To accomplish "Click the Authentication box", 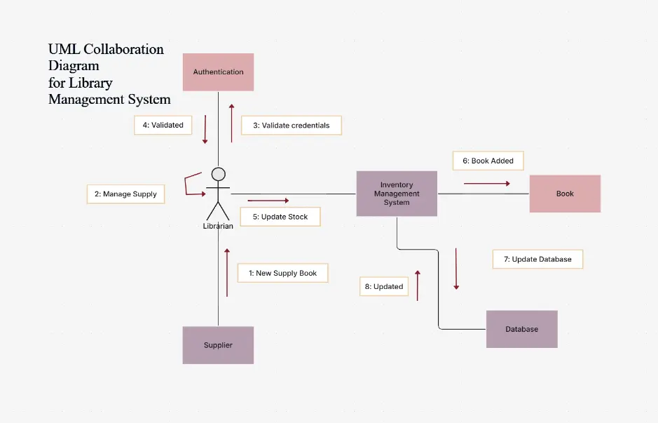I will [x=218, y=72].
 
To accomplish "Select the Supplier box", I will [x=218, y=345].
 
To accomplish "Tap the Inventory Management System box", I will [x=397, y=194].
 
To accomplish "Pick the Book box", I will [x=565, y=194].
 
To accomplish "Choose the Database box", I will [x=521, y=329].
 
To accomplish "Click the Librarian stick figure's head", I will [x=219, y=174].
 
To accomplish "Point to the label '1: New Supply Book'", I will [x=282, y=273].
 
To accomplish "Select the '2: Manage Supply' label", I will [x=125, y=194].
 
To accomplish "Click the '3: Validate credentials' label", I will [x=291, y=126].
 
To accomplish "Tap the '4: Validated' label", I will [x=163, y=125].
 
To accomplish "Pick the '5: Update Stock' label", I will [x=280, y=217].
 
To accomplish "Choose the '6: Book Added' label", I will [x=488, y=161].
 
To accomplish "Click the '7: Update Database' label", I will [x=537, y=259].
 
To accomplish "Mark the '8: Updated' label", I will [x=384, y=286].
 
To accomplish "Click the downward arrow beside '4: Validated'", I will [x=205, y=129].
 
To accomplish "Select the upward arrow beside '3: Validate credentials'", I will [x=231, y=123].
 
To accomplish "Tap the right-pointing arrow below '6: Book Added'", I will [x=487, y=184].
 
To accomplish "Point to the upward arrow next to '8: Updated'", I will [x=418, y=286].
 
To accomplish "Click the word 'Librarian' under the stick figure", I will [x=218, y=227].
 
